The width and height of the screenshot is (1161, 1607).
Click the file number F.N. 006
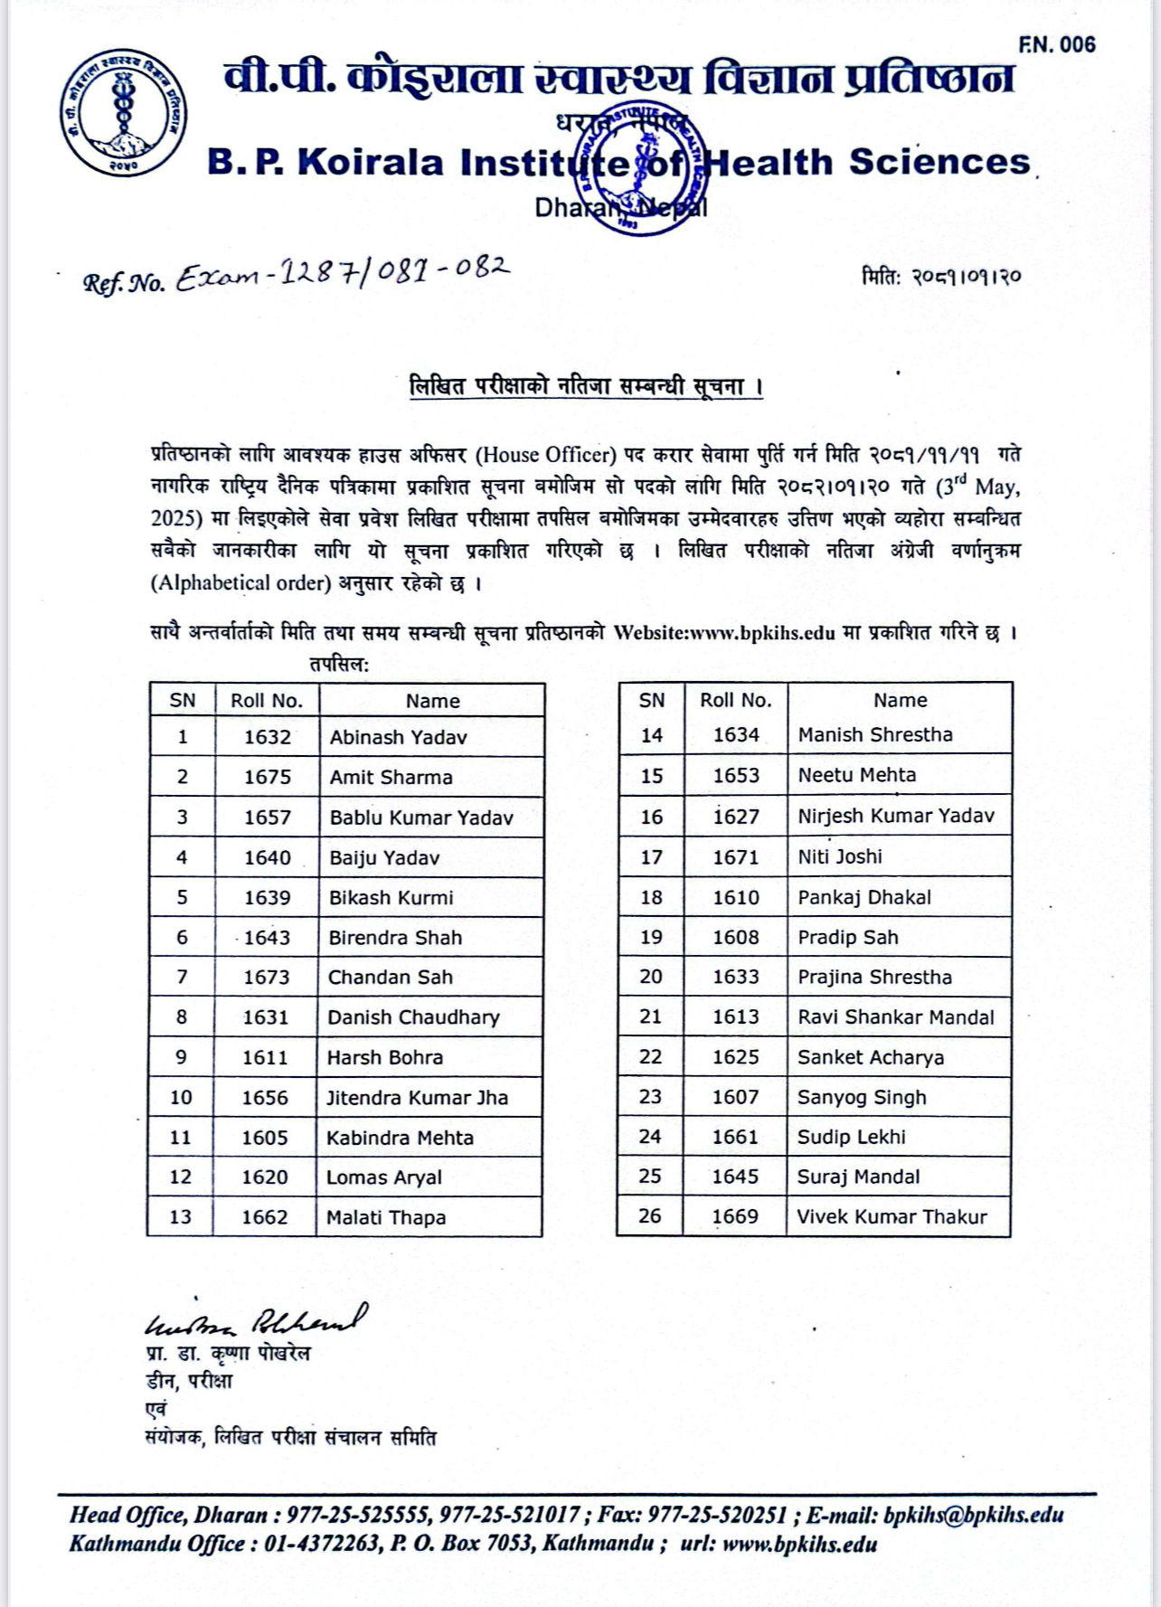(1056, 44)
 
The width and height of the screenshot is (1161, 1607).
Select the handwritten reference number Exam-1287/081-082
(343, 272)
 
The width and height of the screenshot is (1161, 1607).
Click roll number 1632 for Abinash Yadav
(268, 737)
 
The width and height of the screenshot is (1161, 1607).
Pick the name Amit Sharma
(391, 778)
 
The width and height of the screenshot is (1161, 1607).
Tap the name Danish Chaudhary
(413, 1017)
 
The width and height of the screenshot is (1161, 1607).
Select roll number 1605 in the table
(265, 1138)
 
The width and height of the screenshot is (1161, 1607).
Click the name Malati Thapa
(386, 1217)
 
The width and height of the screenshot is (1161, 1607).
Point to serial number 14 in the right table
(652, 735)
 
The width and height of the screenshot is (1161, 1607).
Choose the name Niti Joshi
(840, 856)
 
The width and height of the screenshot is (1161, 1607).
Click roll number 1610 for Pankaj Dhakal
(736, 897)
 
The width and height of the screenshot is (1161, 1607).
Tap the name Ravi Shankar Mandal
(896, 1017)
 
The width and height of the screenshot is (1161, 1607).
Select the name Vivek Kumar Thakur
(892, 1217)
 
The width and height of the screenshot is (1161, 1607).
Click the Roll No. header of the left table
(267, 701)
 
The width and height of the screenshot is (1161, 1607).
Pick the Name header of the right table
(900, 700)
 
